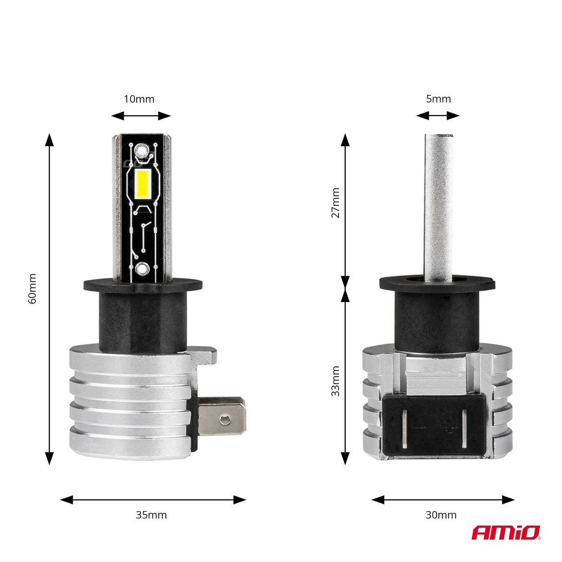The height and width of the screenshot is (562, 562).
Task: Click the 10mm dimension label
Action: coord(139,99)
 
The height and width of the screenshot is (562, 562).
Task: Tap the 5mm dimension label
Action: coord(438,99)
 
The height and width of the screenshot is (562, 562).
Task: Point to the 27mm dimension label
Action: coord(335,203)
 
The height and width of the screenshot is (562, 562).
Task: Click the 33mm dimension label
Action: coord(335,381)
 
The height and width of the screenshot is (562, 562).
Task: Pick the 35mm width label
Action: coord(151,515)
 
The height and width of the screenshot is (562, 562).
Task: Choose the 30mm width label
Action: coord(441,515)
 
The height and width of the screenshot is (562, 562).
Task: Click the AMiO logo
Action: coord(505,533)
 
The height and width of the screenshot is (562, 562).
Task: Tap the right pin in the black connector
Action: coord(465,429)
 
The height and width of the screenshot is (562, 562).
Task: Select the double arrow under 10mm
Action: coord(141,116)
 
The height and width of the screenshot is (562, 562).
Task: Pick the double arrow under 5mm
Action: coord(437,116)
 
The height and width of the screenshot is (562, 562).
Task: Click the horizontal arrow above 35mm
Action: coord(153,500)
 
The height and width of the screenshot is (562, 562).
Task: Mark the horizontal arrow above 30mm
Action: coord(443,500)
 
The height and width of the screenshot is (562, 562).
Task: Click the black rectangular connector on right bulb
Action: coord(434,425)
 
